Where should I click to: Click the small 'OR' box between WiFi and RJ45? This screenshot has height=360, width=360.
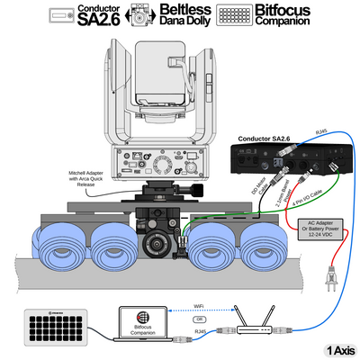tap(199, 319)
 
